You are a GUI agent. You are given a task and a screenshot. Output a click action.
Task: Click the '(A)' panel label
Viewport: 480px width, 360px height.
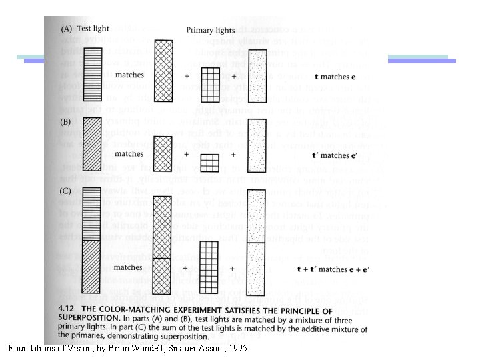[x=67, y=29]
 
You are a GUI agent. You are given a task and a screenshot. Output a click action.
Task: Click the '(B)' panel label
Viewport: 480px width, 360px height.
[x=66, y=122]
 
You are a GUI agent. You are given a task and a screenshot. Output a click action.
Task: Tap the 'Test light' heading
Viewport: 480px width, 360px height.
[x=93, y=29]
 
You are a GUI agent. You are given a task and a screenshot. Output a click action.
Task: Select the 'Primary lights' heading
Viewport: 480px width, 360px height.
[x=210, y=30]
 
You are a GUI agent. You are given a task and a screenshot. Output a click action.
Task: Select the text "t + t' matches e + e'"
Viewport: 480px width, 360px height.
[x=331, y=269]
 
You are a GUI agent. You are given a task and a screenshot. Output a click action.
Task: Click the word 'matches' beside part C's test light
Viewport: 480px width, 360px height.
[x=128, y=267]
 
